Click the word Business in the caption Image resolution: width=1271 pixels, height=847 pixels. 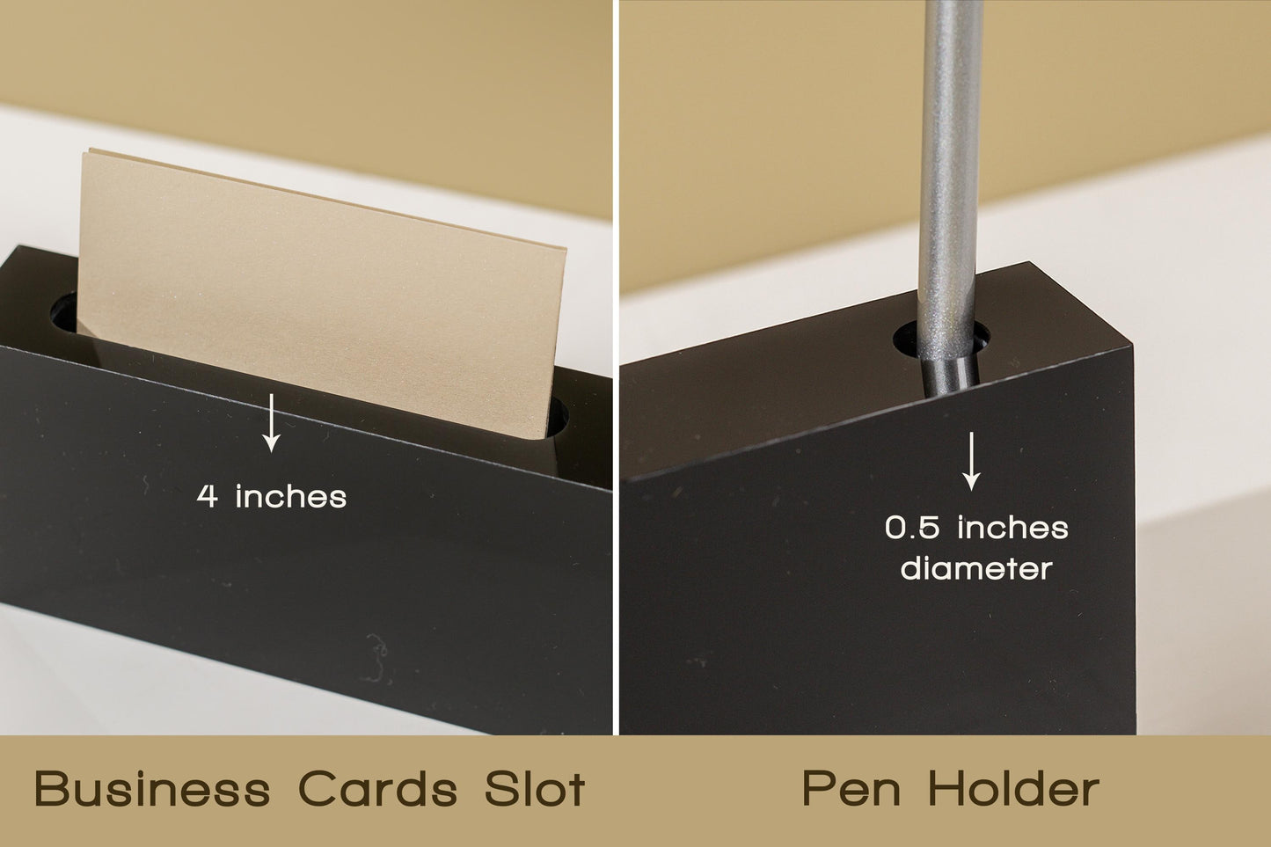152,789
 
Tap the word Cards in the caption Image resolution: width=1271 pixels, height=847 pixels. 378,789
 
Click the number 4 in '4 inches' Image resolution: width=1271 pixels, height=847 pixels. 207,496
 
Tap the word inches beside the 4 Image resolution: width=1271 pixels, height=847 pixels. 290,496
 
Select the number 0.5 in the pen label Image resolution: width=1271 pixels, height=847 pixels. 912,528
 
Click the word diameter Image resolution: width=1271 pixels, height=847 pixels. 976,568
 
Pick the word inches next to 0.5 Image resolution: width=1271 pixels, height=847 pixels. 1012,528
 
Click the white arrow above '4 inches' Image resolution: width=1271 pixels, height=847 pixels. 272,423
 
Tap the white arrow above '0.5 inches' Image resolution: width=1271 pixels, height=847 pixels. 971,461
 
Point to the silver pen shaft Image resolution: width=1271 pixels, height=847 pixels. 946,171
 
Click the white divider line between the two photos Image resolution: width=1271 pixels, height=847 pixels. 615,368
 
